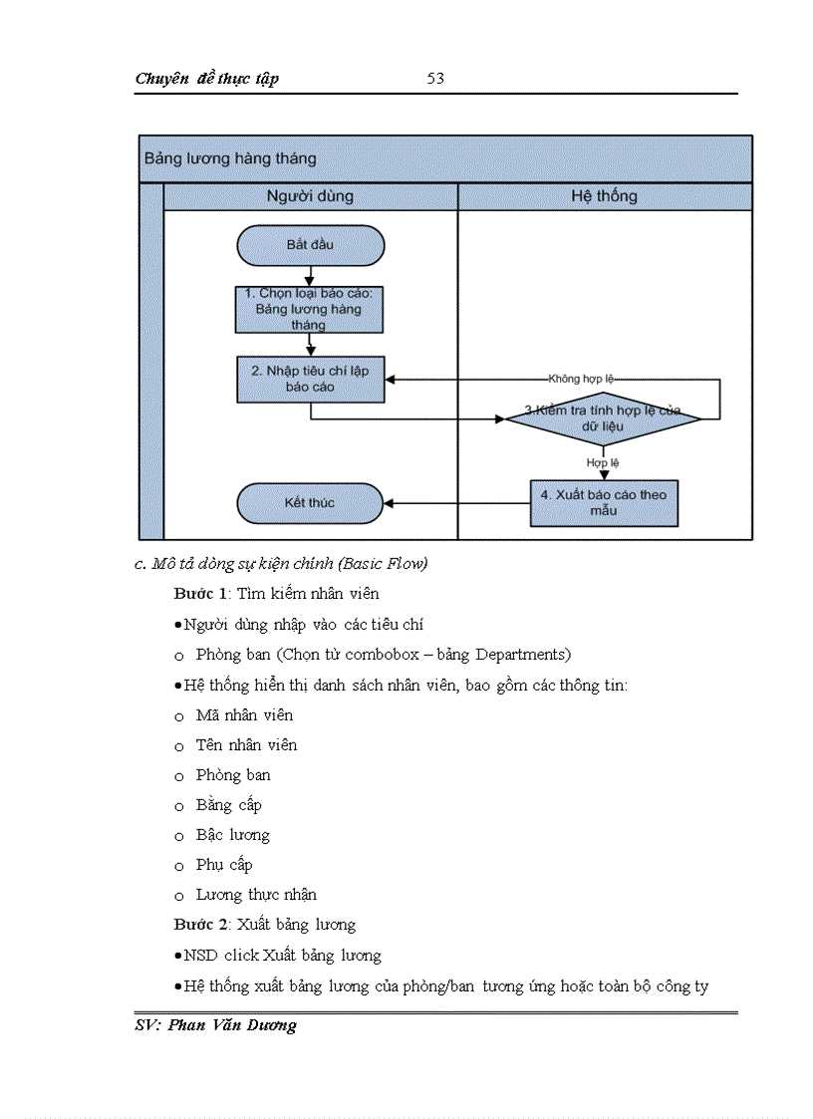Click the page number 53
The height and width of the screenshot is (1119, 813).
click(435, 79)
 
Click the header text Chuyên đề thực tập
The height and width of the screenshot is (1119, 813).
click(206, 79)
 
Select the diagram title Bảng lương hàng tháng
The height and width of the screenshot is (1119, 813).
click(230, 158)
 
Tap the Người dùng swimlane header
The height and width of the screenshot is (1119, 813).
click(310, 196)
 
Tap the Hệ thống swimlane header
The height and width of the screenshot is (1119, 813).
click(604, 196)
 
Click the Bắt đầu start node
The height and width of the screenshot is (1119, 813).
click(310, 245)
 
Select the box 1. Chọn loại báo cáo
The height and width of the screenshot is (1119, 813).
click(310, 309)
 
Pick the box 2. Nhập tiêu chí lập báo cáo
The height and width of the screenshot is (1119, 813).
click(310, 379)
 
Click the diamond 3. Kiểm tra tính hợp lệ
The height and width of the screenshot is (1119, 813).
click(603, 419)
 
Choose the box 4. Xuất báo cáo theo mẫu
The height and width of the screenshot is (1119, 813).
click(604, 502)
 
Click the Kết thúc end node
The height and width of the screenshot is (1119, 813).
click(310, 503)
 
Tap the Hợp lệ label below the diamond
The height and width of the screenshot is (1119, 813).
click(603, 462)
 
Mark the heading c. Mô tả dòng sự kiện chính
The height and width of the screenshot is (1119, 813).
click(281, 564)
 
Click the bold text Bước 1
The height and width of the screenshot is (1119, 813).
click(201, 594)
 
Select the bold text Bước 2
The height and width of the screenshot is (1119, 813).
click(201, 925)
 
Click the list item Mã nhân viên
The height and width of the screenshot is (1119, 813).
click(244, 715)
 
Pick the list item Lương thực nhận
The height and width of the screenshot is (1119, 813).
click(256, 895)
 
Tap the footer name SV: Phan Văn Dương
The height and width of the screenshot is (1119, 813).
click(216, 1025)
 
